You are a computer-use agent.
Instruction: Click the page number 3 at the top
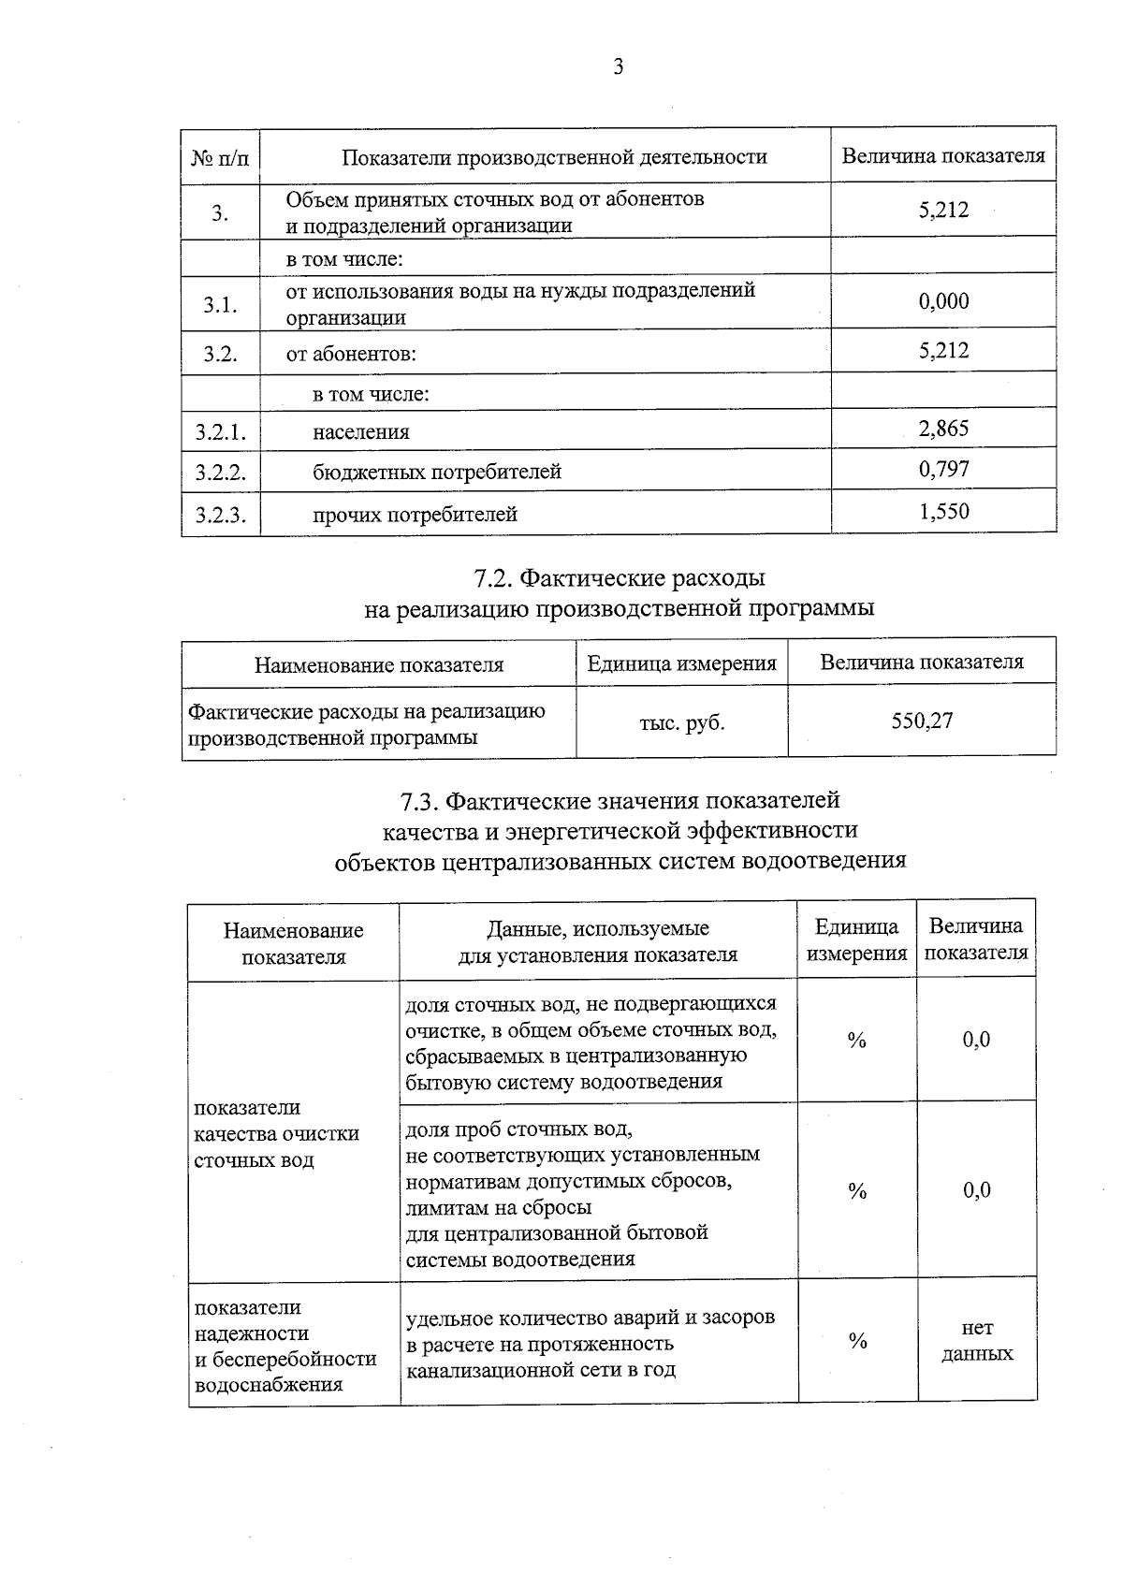coord(618,67)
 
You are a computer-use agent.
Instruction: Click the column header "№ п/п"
coord(221,157)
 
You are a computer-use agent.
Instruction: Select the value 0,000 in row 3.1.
coord(943,301)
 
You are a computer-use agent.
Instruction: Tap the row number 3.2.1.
coord(221,432)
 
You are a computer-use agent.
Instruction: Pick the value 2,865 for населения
coord(943,430)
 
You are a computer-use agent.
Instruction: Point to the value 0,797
coord(943,470)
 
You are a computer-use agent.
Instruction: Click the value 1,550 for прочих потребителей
coord(943,512)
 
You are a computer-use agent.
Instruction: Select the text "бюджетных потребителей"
coord(436,472)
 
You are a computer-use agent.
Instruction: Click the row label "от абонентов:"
coord(351,355)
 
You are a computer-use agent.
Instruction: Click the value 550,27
coord(922,721)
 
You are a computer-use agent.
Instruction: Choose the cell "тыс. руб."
coord(681,722)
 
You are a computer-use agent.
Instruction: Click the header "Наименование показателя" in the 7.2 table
coord(379,665)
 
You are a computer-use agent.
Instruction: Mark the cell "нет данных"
coord(977,1340)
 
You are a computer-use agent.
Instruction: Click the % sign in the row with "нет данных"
coord(857,1341)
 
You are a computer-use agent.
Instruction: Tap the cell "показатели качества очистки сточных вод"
coord(276,1133)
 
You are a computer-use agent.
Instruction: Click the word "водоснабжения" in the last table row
coord(269,1385)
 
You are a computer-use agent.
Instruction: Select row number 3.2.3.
coord(221,515)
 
